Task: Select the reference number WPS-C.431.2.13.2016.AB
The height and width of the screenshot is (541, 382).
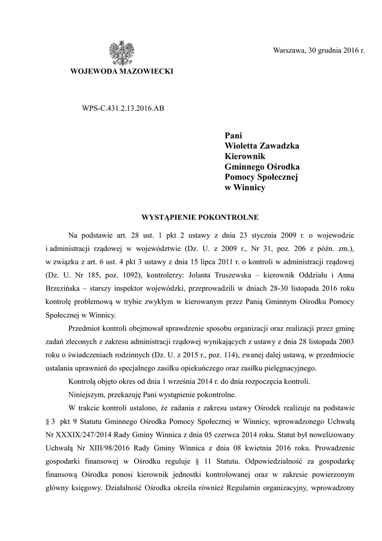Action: point(120,108)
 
